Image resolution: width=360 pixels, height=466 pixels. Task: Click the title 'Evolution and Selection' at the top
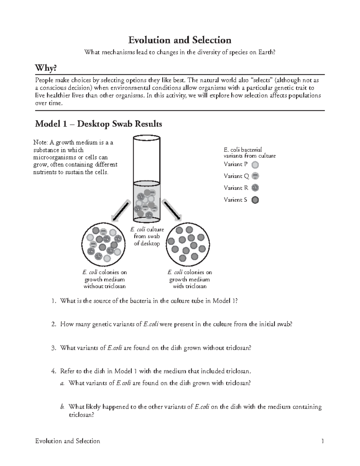pos(180,40)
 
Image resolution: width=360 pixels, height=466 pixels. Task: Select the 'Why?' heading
pos(46,68)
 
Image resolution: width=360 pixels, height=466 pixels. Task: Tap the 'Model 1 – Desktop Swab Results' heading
pos(98,124)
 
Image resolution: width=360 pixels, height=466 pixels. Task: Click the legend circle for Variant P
pos(255,164)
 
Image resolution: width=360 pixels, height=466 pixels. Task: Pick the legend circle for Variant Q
pos(255,176)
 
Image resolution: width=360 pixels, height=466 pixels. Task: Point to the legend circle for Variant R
pos(255,188)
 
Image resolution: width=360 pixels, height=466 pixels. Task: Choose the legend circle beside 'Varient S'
pos(255,200)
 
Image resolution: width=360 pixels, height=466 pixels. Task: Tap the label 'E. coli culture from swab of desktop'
pos(147,236)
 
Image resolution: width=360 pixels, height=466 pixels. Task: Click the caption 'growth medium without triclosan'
pos(104,279)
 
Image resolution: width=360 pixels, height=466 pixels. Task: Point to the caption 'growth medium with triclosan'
pos(190,279)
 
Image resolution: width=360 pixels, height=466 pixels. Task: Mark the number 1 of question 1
pos(53,301)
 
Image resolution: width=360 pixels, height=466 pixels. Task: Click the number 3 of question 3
pos(53,348)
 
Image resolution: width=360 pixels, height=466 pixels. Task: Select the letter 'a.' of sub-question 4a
pos(62,383)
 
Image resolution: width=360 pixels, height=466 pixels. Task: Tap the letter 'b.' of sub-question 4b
pos(62,407)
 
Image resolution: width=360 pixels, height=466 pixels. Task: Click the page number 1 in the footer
pos(322,441)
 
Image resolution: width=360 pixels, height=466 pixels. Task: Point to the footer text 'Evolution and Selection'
pos(67,441)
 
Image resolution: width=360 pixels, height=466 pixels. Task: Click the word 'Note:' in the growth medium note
pos(40,143)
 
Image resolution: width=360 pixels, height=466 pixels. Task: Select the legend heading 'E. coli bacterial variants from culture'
pos(250,152)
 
